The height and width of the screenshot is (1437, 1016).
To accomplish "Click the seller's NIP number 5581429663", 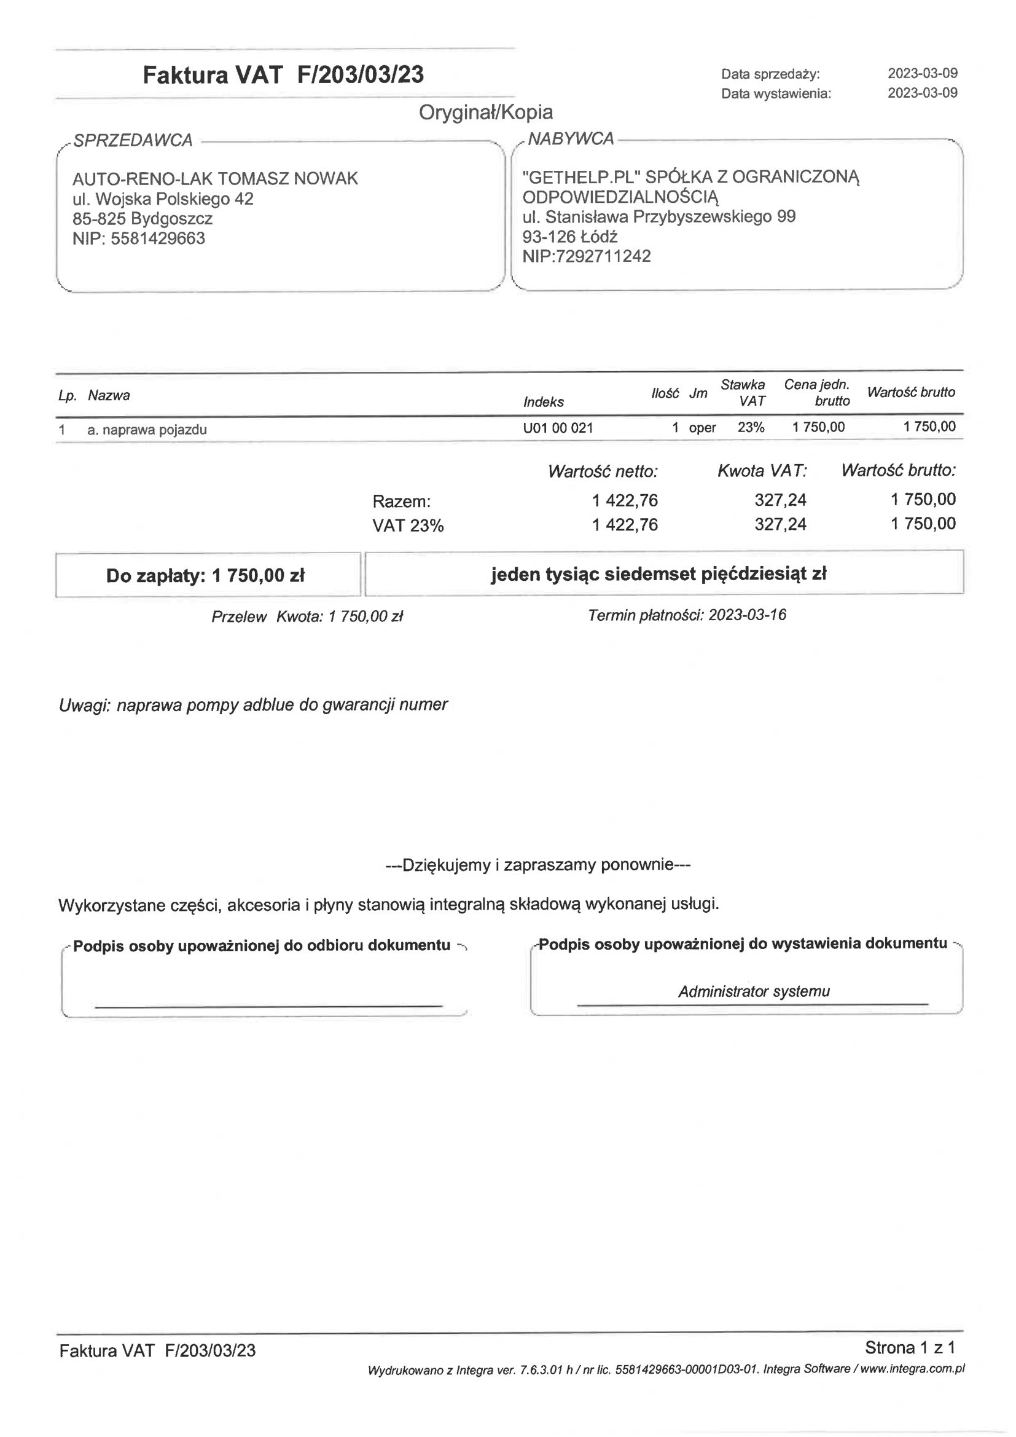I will click(157, 238).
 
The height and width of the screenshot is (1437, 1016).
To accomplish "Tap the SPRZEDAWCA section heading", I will click(133, 140).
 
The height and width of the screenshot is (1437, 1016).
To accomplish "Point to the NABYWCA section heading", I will click(571, 138).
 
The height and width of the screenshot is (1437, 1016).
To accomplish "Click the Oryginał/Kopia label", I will click(485, 112).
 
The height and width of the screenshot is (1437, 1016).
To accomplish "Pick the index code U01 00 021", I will click(557, 428).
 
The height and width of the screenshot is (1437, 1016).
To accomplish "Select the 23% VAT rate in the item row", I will click(751, 427).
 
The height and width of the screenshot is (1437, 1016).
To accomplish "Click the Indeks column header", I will click(543, 402).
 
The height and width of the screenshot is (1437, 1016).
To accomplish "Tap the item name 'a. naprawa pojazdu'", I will click(147, 430).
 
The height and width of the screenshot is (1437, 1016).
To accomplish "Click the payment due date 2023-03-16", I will click(747, 615).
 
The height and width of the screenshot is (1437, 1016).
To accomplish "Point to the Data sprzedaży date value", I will click(922, 73).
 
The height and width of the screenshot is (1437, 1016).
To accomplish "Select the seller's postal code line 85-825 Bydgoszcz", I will click(143, 218).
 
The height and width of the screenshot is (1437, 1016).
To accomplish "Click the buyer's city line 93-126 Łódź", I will click(570, 237).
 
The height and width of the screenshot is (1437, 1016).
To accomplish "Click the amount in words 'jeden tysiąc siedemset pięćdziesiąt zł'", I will click(658, 573).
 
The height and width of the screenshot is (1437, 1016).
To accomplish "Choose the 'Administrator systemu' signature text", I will click(754, 991).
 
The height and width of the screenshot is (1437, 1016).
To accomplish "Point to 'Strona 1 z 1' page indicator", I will click(910, 1347).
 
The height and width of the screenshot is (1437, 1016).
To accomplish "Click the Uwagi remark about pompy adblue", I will click(252, 705).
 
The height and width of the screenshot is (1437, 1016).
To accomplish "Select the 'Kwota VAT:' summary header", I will click(762, 471).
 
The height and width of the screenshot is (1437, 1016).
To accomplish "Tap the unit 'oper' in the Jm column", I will click(702, 428).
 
